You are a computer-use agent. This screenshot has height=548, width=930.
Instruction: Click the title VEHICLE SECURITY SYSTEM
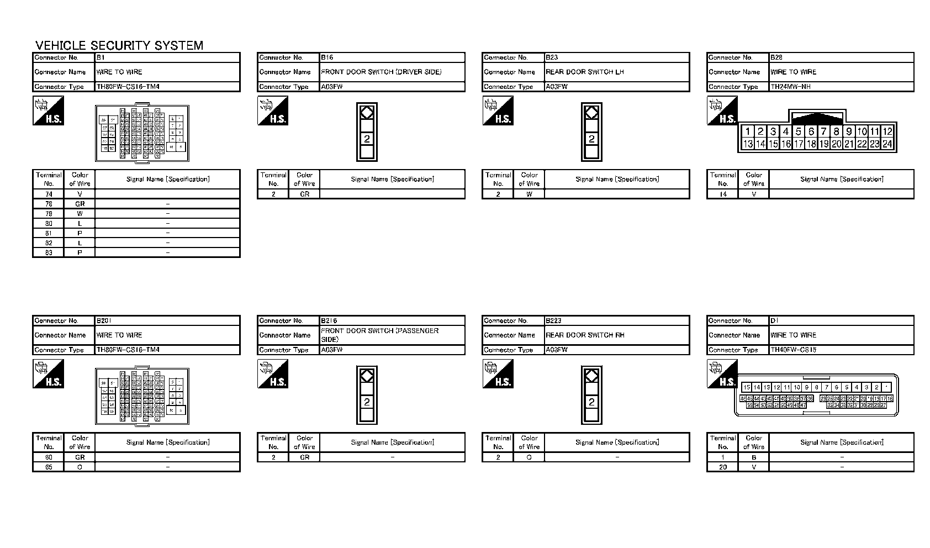click(119, 45)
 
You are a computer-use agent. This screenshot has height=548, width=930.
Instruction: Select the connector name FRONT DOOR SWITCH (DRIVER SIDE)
click(381, 72)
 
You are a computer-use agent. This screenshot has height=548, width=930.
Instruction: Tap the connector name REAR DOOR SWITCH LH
click(584, 72)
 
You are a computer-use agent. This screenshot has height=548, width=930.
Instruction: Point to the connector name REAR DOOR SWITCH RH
click(585, 335)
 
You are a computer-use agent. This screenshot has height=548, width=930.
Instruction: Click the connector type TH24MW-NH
click(790, 87)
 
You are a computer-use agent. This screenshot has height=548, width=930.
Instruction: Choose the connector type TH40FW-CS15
click(793, 350)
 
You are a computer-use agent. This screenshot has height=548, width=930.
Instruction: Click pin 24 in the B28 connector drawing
click(887, 144)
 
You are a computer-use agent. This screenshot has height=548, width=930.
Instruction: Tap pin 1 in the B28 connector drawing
click(748, 131)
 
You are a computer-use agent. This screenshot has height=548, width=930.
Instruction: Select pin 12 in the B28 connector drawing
click(887, 131)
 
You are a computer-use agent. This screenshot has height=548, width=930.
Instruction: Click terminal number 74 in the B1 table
click(49, 194)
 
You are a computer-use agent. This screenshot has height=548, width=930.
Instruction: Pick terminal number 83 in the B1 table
click(49, 252)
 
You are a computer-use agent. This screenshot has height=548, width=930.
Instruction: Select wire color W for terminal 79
click(80, 213)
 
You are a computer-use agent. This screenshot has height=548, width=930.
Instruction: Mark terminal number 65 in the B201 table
click(49, 467)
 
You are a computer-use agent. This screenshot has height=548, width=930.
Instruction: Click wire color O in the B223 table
click(529, 457)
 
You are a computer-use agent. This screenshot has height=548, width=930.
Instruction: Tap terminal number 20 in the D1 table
click(723, 467)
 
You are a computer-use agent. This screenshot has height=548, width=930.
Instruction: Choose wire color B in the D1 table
click(754, 457)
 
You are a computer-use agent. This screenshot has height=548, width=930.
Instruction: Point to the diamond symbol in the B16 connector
click(367, 113)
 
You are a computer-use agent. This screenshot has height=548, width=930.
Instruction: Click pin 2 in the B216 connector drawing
click(367, 402)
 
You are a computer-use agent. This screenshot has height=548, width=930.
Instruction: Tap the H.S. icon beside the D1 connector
click(722, 374)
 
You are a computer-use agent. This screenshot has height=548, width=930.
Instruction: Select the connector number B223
click(553, 320)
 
